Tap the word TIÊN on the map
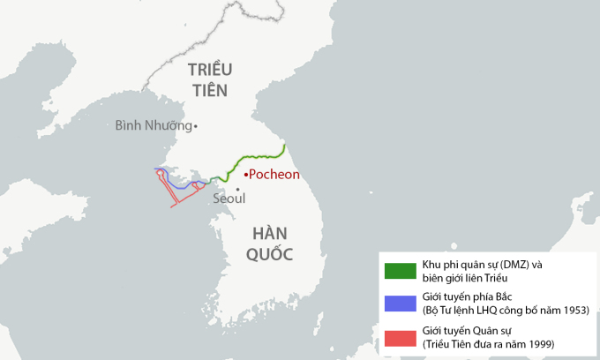pos(208,90)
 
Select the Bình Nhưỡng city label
pos(153,125)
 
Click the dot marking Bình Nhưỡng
pos(196,126)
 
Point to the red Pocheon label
pos(274,175)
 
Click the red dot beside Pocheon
pos(246,175)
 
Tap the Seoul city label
pos(229,199)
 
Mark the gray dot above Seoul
pos(237,188)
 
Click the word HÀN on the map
pos(271,234)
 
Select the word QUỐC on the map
pos(271,254)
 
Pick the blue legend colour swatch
pos(400,304)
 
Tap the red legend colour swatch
pos(400,338)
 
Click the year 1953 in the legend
pos(573,311)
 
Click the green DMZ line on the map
pos(256,155)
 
